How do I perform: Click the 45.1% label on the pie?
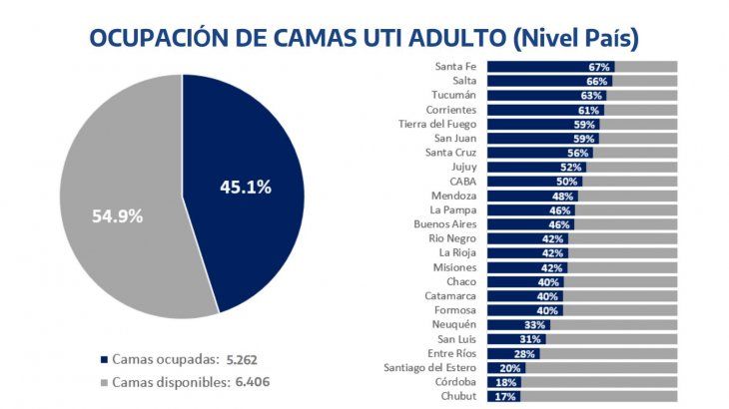245,187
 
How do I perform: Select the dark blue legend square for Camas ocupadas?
104,359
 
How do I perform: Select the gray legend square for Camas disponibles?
104,382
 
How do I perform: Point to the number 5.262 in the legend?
248,359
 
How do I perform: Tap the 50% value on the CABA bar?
567,182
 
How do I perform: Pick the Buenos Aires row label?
445,225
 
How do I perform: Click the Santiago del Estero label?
430,368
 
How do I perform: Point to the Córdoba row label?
455,382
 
